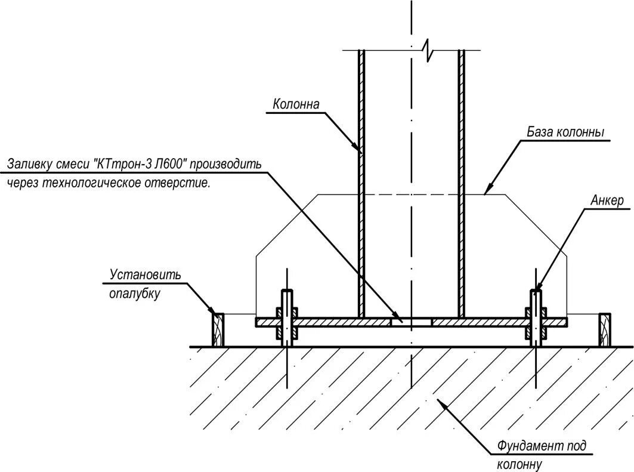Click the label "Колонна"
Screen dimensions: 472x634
coord(296,104)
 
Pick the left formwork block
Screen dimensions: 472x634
coord(218,329)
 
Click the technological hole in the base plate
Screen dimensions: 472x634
coord(411,322)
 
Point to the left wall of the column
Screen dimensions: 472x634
coord(361,179)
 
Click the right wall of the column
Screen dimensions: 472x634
coord(461,179)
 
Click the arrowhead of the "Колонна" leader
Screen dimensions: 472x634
coord(358,147)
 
